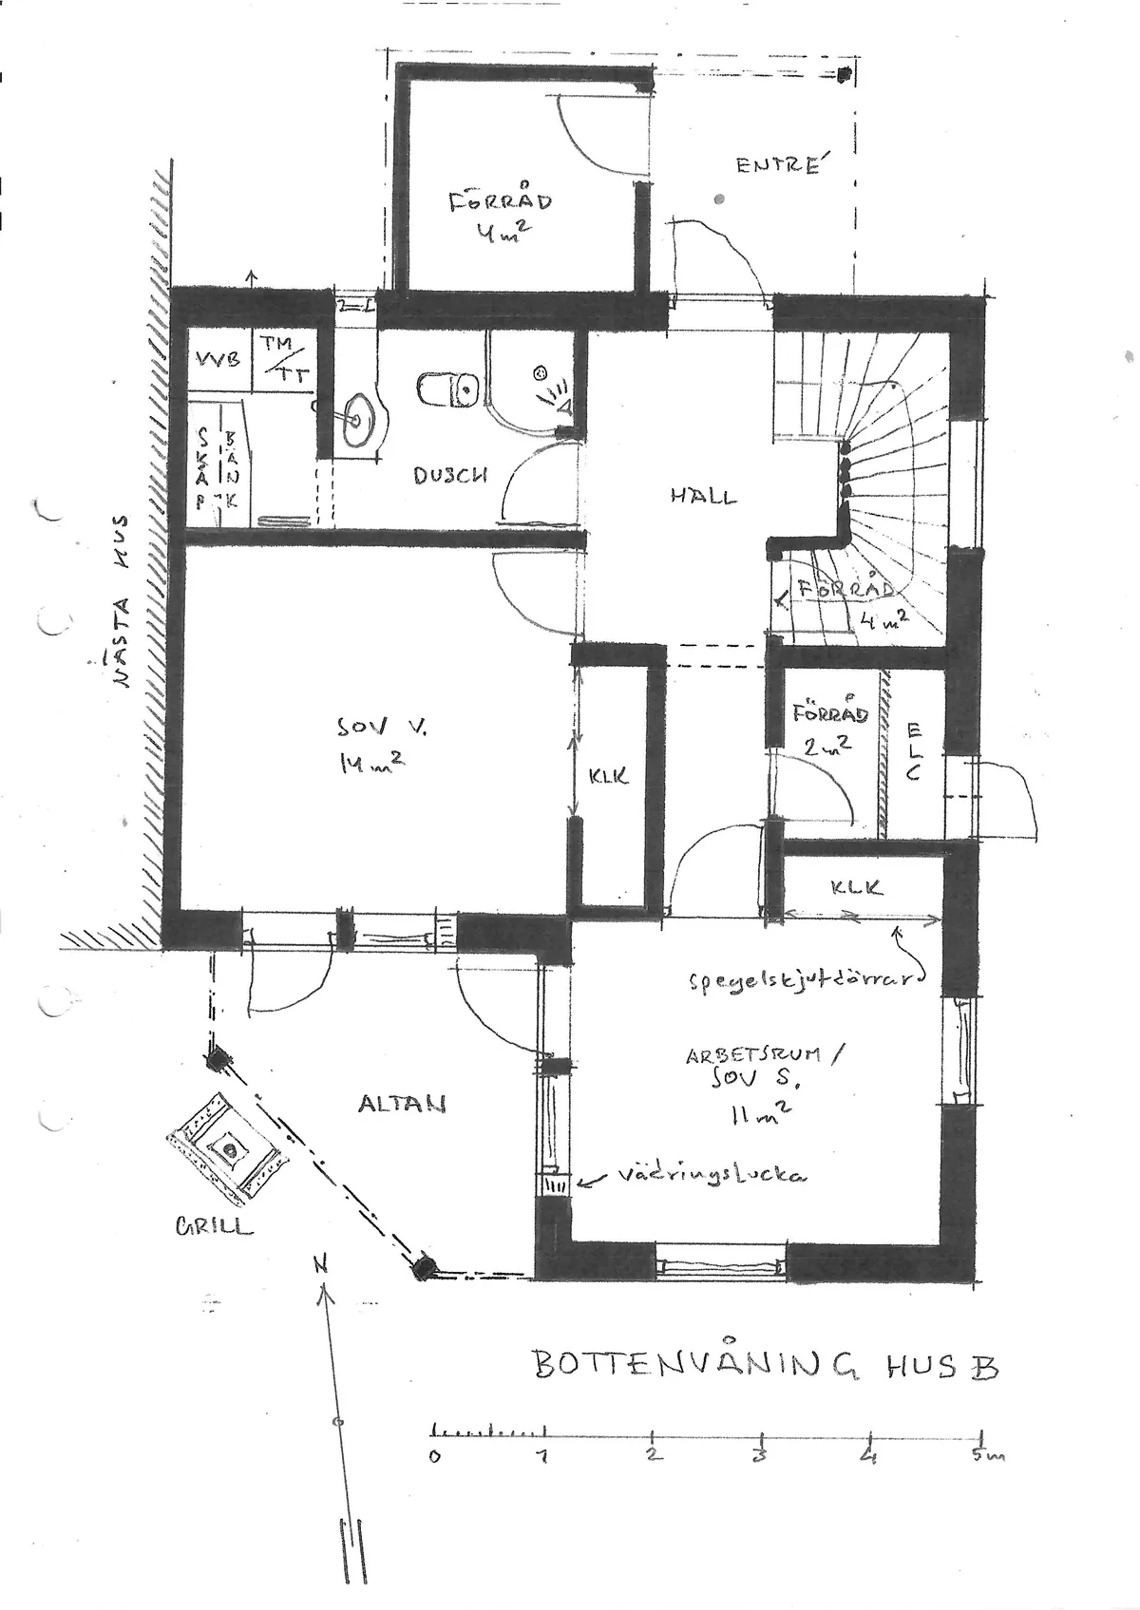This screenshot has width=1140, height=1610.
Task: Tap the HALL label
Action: (x=703, y=496)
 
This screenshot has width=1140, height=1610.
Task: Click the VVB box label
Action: (x=218, y=360)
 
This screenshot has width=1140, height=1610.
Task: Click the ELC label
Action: (x=914, y=751)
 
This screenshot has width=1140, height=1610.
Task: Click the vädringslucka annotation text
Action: (x=712, y=1175)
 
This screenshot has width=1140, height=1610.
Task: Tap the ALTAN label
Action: (x=402, y=1104)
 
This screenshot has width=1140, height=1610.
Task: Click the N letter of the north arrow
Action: (x=322, y=1264)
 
